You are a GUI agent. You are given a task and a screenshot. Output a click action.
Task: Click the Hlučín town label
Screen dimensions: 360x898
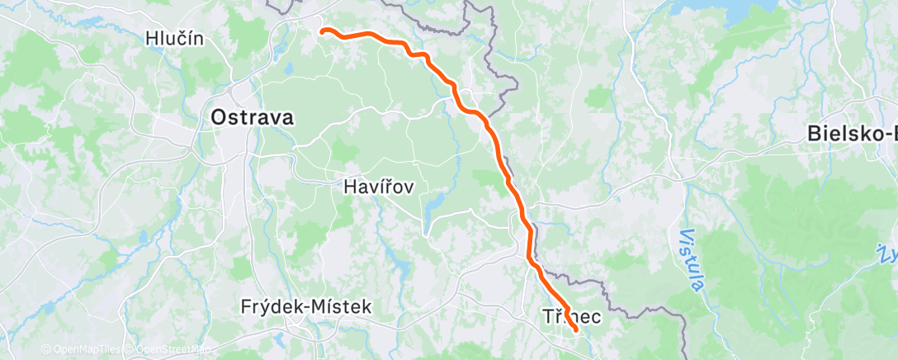coord(174,37)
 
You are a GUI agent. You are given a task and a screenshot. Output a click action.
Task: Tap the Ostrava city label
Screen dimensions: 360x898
coord(252,117)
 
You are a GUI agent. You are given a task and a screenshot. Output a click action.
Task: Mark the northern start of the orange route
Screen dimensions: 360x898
coord(323,31)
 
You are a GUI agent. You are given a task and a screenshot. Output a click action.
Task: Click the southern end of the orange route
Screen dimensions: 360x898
coord(574,331)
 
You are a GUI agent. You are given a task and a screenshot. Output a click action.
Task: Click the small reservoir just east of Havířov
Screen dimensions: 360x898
coord(434,203)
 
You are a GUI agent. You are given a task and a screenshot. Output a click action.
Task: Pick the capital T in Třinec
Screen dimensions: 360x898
coord(548,315)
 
